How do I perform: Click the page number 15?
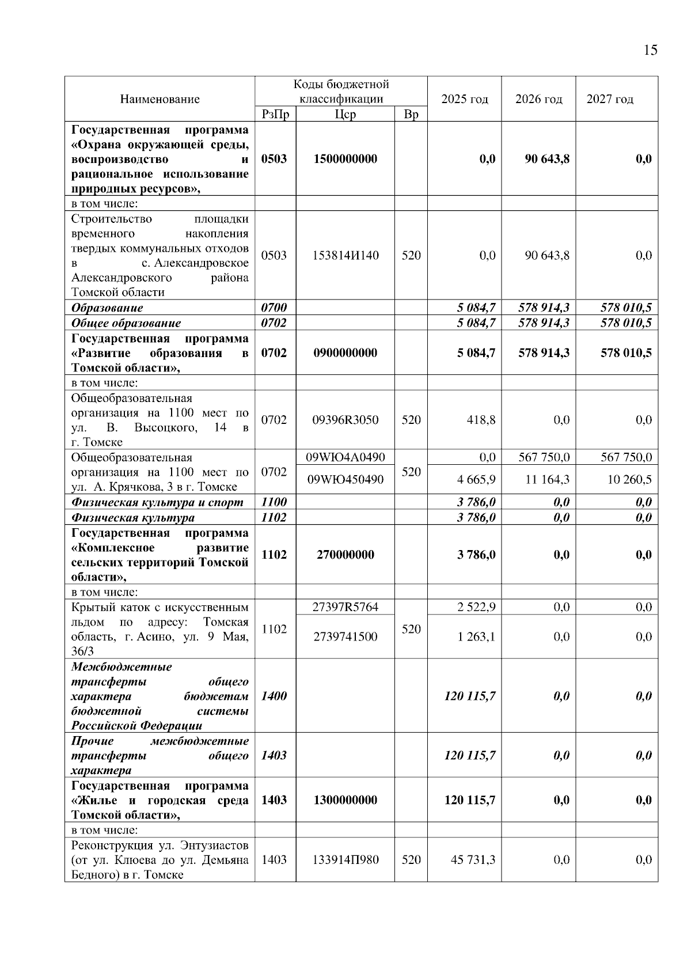pyautogui.click(x=650, y=50)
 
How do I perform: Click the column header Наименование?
pyautogui.click(x=160, y=99)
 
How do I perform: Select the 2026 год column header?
pyautogui.click(x=538, y=99)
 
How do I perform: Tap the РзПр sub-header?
pyautogui.click(x=275, y=114)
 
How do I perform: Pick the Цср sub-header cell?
pyautogui.click(x=345, y=114)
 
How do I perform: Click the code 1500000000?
pyautogui.click(x=345, y=159)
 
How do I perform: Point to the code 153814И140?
pyautogui.click(x=345, y=255)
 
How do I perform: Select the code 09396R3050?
pyautogui.click(x=345, y=420)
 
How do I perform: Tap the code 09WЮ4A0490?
pyautogui.click(x=345, y=457)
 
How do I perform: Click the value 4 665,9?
pyautogui.click(x=476, y=479)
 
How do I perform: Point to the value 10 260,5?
pyautogui.click(x=629, y=479)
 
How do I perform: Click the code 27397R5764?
pyautogui.click(x=345, y=607)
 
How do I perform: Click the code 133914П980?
pyautogui.click(x=345, y=860)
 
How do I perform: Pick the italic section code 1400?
pyautogui.click(x=274, y=696)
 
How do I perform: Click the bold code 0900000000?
pyautogui.click(x=345, y=353)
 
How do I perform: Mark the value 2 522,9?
pyautogui.click(x=476, y=607)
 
